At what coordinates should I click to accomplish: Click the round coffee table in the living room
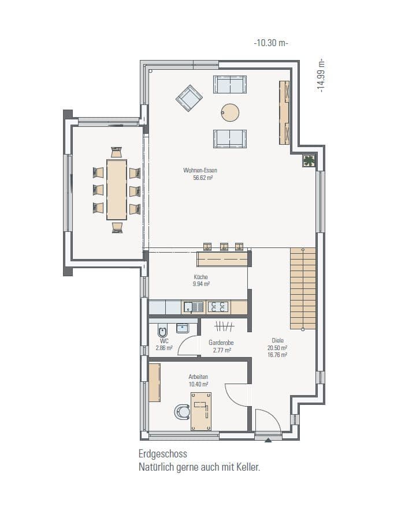pyautogui.click(x=230, y=112)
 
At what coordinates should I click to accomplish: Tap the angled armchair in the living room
pyautogui.click(x=189, y=99)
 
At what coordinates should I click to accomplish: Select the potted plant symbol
pyautogui.click(x=309, y=162)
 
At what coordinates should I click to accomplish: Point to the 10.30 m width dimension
pyautogui.click(x=270, y=43)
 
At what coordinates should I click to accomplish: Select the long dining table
pyautogui.click(x=117, y=189)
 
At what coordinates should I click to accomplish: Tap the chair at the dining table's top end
pyautogui.click(x=117, y=152)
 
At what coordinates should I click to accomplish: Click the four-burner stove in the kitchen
pyautogui.click(x=217, y=307)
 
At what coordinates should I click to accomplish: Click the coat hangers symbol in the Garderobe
pyautogui.click(x=224, y=326)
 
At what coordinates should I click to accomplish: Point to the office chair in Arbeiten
pyautogui.click(x=183, y=412)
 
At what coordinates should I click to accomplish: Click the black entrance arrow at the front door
pyautogui.click(x=268, y=440)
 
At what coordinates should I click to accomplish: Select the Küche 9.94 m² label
pyautogui.click(x=201, y=280)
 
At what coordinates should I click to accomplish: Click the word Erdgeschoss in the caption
pyautogui.click(x=162, y=455)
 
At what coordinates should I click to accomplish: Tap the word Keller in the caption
pyautogui.click(x=247, y=467)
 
